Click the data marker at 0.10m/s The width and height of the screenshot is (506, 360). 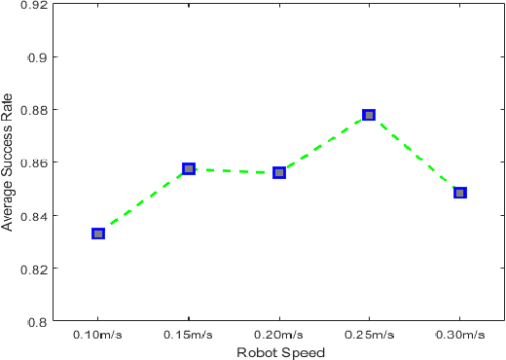(x=98, y=234)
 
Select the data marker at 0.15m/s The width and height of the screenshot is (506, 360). (x=189, y=169)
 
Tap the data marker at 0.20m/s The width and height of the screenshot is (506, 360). (x=279, y=172)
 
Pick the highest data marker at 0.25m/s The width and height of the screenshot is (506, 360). (x=369, y=115)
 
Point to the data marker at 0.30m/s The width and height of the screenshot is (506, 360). (x=460, y=193)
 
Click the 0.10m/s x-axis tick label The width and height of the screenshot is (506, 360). (x=98, y=336)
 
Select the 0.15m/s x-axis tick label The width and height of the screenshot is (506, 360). (x=189, y=336)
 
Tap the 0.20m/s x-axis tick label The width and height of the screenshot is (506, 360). (x=279, y=336)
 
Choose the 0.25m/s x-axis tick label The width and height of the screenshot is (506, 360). (x=370, y=336)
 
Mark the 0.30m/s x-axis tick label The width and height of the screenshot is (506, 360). (x=460, y=336)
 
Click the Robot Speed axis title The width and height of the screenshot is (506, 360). (x=279, y=352)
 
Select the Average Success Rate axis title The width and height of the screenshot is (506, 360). (x=9, y=162)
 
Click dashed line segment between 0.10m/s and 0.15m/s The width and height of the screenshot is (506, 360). (x=143, y=201)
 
